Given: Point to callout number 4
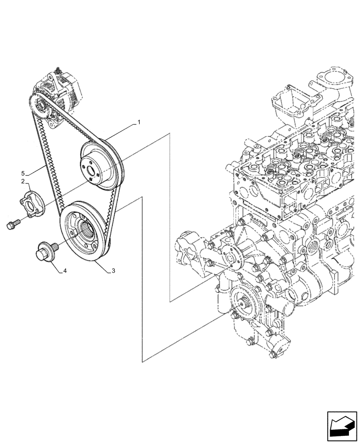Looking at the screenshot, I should (x=65, y=271).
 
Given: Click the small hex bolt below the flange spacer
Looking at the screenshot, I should (x=13, y=224).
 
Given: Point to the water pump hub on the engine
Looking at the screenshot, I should (x=230, y=258).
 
